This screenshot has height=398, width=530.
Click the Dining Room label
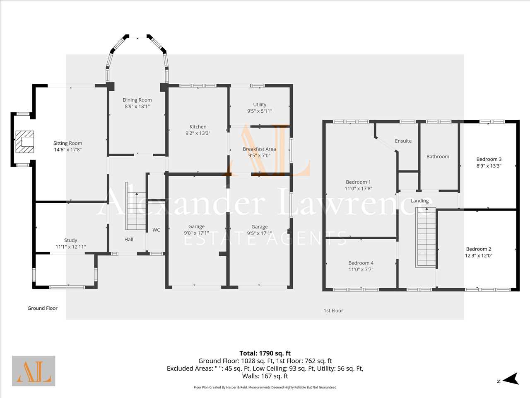click(x=137, y=100)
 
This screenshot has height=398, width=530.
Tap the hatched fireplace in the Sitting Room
click(x=24, y=142)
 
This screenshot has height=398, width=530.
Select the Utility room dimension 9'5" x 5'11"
click(x=260, y=111)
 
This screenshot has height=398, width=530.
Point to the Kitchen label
click(x=198, y=126)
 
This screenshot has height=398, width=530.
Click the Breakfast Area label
click(x=259, y=149)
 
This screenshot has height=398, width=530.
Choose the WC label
click(x=156, y=230)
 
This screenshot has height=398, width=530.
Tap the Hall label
click(x=129, y=240)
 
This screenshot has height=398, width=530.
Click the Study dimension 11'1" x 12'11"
click(x=71, y=247)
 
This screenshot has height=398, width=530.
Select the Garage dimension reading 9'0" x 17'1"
click(x=196, y=233)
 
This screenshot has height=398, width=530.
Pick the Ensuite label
click(x=403, y=141)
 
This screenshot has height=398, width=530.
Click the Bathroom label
click(x=438, y=157)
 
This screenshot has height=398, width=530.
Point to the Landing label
click(x=420, y=201)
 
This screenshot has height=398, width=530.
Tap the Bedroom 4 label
click(x=361, y=263)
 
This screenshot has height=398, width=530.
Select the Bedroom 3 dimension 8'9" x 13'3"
click(x=489, y=166)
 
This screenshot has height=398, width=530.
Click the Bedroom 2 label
click(x=479, y=249)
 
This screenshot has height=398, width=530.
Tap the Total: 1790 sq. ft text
click(x=265, y=353)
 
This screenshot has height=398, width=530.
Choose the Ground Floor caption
click(x=43, y=308)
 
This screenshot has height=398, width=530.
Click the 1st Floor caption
click(x=333, y=311)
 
